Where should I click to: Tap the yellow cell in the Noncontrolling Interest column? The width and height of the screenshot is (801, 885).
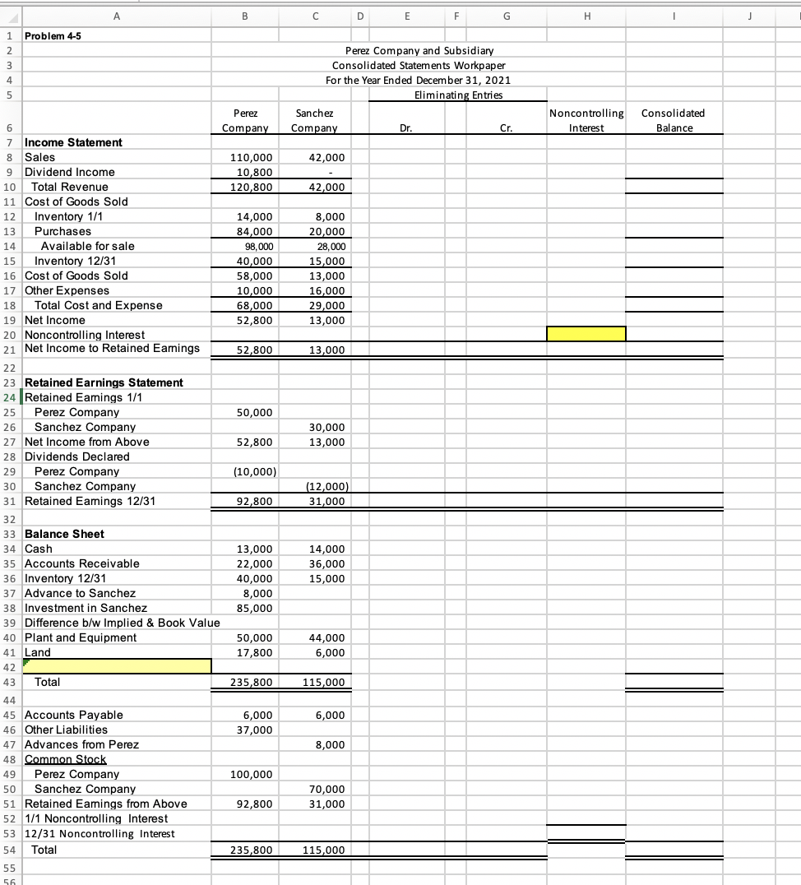[x=586, y=333]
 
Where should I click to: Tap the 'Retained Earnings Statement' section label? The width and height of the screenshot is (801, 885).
[x=104, y=382]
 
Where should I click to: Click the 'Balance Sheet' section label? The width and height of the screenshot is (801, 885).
[x=65, y=534]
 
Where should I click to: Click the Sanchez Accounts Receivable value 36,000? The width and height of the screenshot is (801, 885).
[x=327, y=563]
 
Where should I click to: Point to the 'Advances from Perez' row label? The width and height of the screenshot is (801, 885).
[x=82, y=744]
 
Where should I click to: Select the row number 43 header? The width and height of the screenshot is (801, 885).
[x=9, y=682]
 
